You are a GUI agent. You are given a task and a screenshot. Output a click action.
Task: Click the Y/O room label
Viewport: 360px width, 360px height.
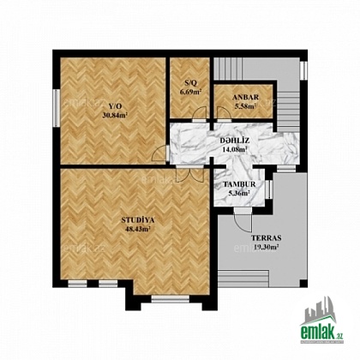click(x=115, y=106)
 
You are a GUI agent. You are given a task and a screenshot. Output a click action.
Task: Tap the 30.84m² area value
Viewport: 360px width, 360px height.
click(x=115, y=115)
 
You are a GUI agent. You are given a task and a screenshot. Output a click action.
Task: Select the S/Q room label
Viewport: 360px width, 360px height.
click(x=190, y=83)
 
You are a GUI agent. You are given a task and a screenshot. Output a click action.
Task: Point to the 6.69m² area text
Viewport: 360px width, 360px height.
click(x=190, y=92)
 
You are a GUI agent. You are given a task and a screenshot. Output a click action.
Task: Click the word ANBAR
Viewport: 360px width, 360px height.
click(x=245, y=98)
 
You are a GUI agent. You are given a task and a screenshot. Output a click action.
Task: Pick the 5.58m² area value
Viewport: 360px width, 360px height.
click(x=245, y=106)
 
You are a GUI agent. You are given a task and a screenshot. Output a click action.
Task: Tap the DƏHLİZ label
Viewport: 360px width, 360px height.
click(x=235, y=141)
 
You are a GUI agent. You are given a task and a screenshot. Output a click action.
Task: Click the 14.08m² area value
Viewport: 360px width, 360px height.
click(x=235, y=149)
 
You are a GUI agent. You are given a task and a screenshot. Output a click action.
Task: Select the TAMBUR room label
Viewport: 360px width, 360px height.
click(x=239, y=184)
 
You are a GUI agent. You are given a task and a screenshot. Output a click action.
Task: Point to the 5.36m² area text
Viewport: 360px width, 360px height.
click(x=239, y=193)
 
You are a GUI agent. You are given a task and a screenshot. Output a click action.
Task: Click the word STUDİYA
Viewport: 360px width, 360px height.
click(x=138, y=220)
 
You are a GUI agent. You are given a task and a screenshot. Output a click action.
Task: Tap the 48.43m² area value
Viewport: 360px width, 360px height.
click(x=138, y=229)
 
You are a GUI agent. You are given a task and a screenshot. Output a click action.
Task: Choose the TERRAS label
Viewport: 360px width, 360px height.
click(x=267, y=237)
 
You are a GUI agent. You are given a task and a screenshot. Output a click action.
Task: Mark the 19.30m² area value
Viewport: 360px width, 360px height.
click(x=267, y=247)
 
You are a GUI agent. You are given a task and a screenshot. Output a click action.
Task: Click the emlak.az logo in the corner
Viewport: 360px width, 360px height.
click(x=321, y=320)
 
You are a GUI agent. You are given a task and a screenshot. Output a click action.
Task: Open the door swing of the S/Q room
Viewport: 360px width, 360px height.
click(x=199, y=113)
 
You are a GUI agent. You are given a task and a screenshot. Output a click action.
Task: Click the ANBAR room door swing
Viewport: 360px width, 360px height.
click(x=224, y=113)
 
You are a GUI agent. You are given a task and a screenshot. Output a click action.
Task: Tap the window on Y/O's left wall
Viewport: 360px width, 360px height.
click(x=57, y=108)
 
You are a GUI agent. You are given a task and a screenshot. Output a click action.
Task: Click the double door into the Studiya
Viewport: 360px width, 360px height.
click(x=190, y=173)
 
